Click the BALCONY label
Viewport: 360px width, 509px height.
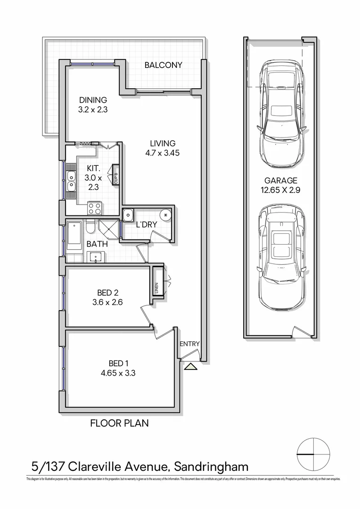coord(163,65)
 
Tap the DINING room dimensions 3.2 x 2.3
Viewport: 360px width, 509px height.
coord(93,109)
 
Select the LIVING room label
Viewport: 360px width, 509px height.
coord(163,143)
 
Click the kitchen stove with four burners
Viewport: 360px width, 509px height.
coord(94,207)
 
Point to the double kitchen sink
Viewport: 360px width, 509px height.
coord(72,181)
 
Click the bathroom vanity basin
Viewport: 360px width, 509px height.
coord(96,257)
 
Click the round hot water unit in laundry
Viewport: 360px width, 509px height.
coord(166,215)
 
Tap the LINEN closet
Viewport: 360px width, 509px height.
coord(157,282)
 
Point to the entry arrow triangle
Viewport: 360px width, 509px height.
coord(191,367)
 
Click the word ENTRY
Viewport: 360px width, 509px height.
coord(190,344)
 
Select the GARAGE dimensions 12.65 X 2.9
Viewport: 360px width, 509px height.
coord(281,189)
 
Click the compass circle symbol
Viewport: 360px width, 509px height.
coord(313,454)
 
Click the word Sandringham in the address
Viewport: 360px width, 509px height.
coord(211,467)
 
